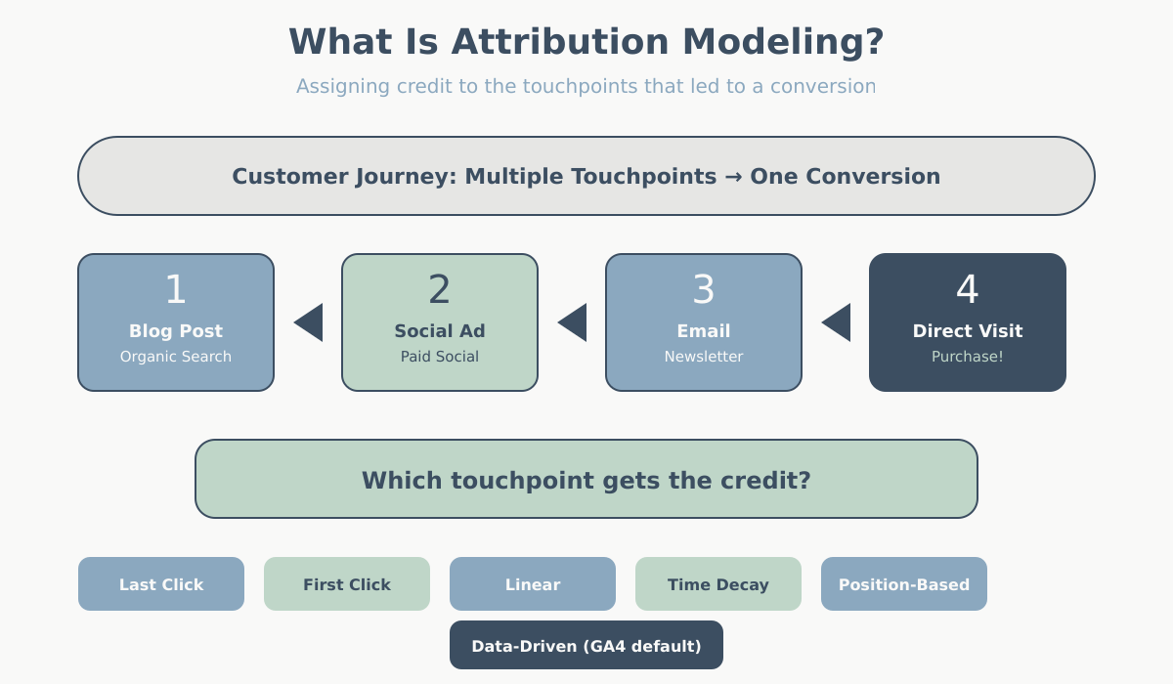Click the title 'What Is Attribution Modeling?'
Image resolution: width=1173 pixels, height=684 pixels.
586,42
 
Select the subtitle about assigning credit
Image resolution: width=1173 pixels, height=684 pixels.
586,86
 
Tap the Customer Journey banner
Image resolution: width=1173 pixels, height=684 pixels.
586,176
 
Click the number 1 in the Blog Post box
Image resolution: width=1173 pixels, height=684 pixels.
175,290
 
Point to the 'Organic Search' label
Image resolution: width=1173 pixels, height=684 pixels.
176,357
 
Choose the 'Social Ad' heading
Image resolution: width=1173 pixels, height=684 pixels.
440,331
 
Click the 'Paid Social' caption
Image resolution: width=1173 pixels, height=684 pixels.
440,357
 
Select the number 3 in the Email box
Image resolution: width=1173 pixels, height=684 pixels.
704,290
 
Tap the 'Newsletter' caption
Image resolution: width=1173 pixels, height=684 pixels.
704,357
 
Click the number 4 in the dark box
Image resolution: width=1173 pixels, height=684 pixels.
967,290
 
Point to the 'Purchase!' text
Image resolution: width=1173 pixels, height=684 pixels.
968,357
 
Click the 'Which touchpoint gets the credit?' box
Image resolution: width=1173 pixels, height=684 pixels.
586,480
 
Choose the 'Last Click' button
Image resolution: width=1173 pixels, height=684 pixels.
161,584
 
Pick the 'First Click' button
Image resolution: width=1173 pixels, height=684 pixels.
347,584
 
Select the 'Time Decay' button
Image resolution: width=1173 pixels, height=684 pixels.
718,584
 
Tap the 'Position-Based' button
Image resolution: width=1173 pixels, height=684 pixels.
904,584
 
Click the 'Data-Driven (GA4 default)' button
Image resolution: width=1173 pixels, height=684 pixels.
586,646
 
